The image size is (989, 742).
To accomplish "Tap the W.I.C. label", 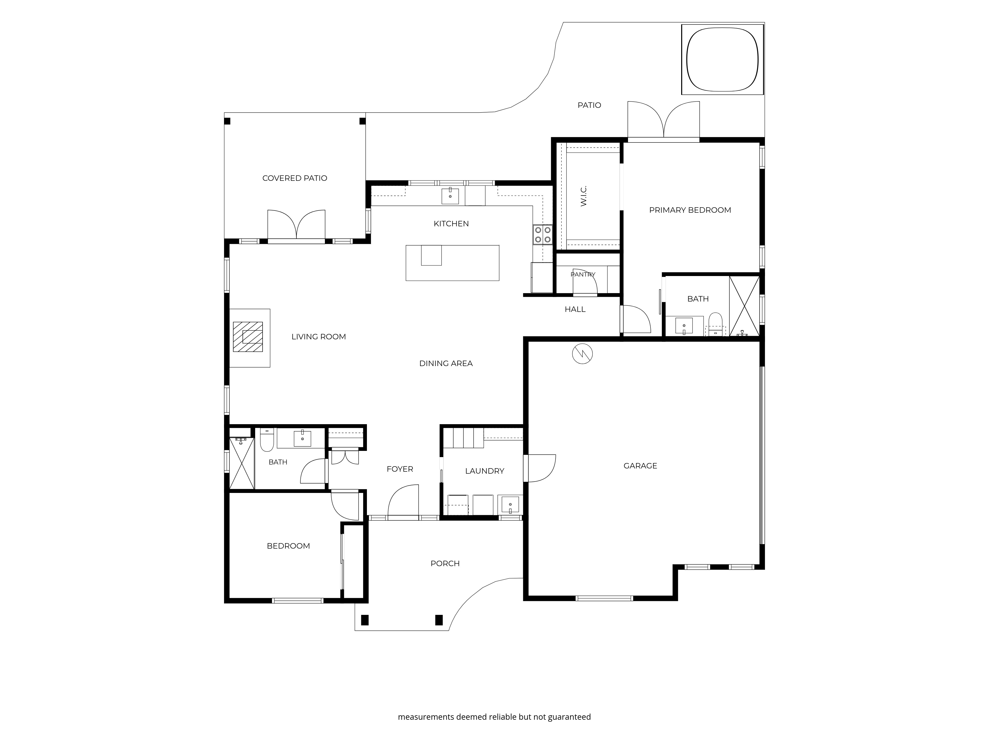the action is pos(584,196).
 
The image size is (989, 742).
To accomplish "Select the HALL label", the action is pos(575,309).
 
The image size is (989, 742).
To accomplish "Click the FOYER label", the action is pos(400,469).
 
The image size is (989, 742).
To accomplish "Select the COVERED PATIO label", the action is pos(295,178).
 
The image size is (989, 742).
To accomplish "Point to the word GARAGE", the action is pos(640,465).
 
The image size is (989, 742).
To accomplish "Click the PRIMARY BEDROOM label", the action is pos(690,210).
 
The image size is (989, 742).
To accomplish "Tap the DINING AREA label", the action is pos(446,363).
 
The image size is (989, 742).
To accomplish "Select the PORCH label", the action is pos(445,563).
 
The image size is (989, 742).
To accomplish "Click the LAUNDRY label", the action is pos(485,470).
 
